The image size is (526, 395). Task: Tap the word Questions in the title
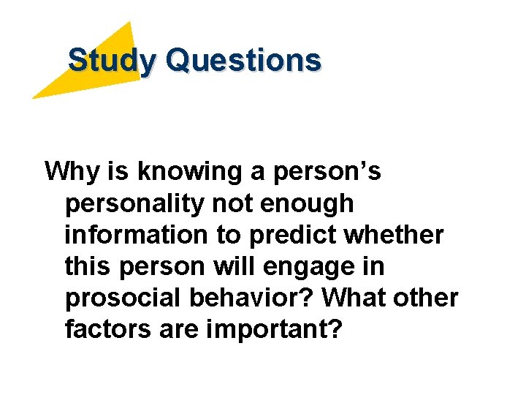[243, 60]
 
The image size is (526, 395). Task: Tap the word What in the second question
[359, 298]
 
